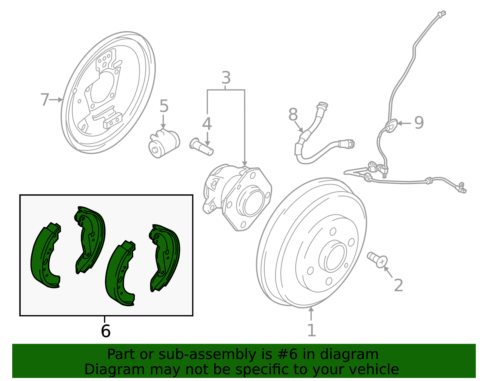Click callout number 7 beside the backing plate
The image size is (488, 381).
[45, 100]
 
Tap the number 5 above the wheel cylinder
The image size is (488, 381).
[164, 106]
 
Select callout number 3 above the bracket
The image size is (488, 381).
[226, 78]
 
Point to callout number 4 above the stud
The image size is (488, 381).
[207, 124]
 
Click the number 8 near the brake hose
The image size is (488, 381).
[293, 115]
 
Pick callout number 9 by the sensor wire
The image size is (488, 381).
[419, 123]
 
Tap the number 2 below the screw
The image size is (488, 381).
[398, 286]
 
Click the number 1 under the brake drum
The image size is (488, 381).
[311, 330]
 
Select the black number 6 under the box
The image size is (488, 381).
[106, 331]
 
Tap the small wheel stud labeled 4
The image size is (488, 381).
[201, 147]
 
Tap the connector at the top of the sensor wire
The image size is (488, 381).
[441, 14]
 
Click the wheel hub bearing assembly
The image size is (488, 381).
[238, 195]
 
